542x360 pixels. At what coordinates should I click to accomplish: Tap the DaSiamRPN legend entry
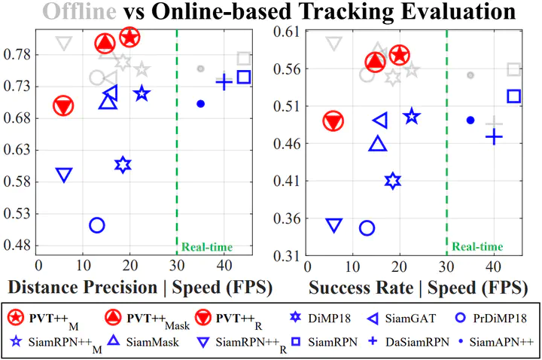[x=399, y=342]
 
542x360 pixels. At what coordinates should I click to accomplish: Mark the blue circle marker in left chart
[x=96, y=224]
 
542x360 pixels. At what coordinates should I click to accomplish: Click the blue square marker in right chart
[x=514, y=96]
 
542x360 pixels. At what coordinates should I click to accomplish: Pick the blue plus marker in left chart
[x=224, y=82]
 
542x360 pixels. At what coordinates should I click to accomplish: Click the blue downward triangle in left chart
[x=64, y=175]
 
